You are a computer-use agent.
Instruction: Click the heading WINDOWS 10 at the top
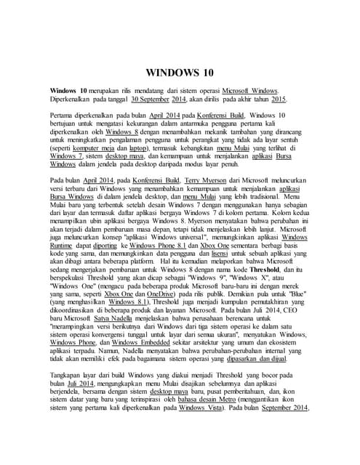[180, 73]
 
